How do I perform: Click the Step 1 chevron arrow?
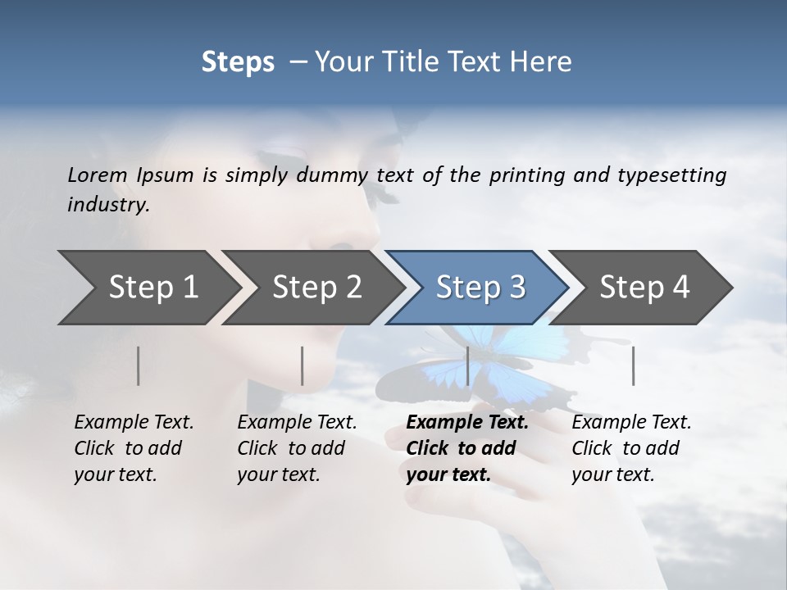(x=148, y=288)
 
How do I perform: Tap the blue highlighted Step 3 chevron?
(x=478, y=288)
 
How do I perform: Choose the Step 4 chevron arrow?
(x=642, y=288)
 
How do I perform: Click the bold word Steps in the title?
(x=238, y=61)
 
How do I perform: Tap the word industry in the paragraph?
(x=108, y=204)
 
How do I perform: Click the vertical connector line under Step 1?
(x=139, y=365)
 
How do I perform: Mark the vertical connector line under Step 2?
(x=303, y=365)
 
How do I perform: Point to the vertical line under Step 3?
(x=468, y=365)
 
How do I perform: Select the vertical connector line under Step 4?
(x=633, y=365)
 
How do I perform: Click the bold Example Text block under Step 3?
(x=467, y=448)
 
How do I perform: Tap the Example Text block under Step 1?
(x=134, y=448)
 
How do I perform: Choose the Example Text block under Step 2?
(x=297, y=448)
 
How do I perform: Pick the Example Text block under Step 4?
(x=631, y=448)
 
